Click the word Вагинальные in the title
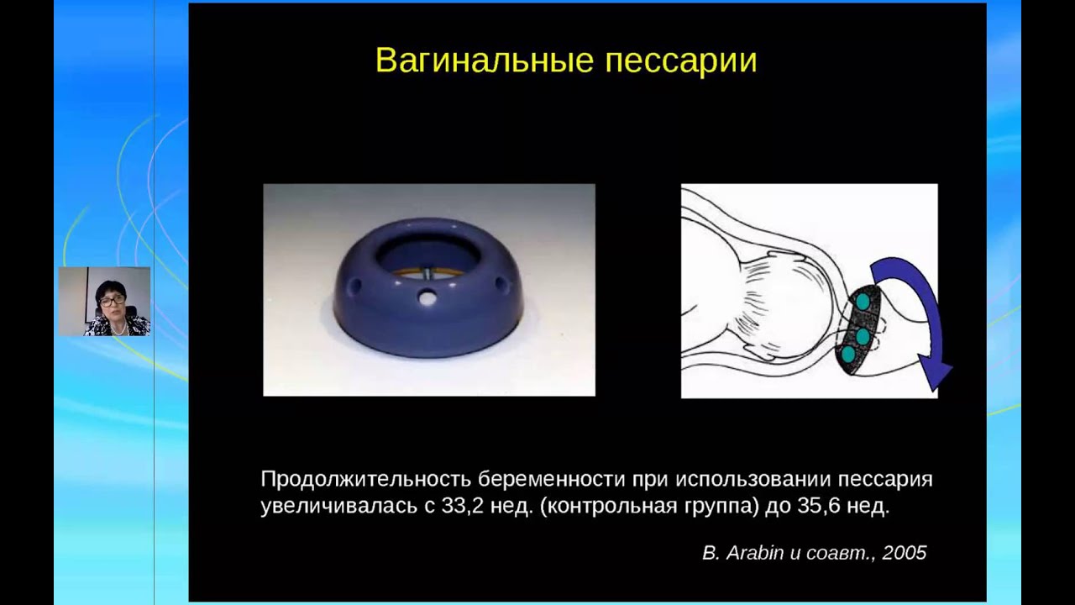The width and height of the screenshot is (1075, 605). pos(485,61)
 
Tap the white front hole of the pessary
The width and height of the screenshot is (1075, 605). pos(425,297)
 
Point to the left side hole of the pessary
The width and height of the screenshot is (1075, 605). pos(355,287)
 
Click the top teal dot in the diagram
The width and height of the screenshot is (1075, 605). pos(863,302)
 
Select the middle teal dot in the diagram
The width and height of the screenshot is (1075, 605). pos(863,336)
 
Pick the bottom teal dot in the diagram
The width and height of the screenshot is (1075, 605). pos(848,355)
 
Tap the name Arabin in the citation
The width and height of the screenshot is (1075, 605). pos(755,553)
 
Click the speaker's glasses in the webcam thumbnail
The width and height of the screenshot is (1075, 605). pos(110,302)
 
